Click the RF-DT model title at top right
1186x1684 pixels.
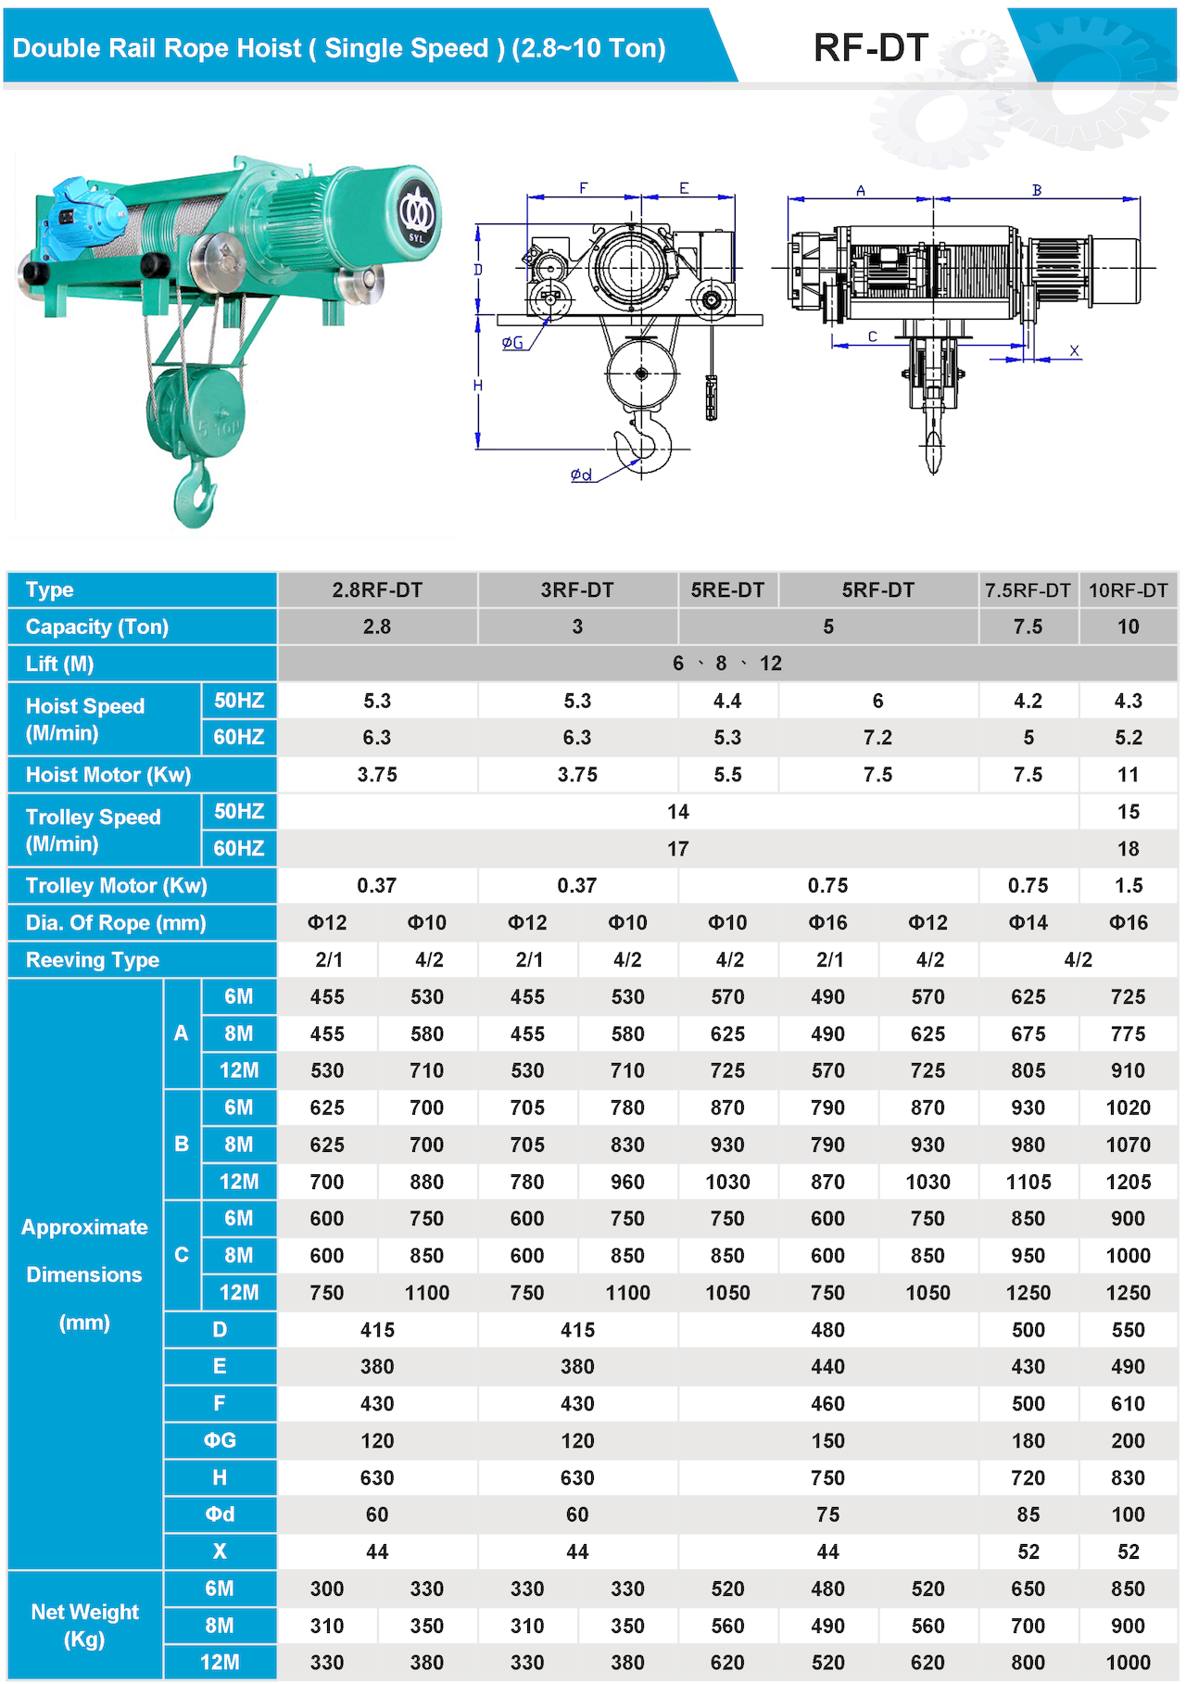pyautogui.click(x=870, y=48)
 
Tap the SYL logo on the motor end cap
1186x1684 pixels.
pyautogui.click(x=416, y=215)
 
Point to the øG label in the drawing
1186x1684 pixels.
pyautogui.click(x=512, y=343)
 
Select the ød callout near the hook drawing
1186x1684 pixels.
pyautogui.click(x=581, y=475)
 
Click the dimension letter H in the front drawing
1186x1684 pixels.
pyautogui.click(x=478, y=386)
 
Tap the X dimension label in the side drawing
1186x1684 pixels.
pyautogui.click(x=1074, y=351)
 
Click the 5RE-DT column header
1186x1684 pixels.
pyautogui.click(x=727, y=590)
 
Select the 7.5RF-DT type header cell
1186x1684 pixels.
pyautogui.click(x=1028, y=590)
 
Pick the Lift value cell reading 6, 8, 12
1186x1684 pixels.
pyautogui.click(x=727, y=664)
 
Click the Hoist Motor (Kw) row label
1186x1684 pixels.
pyautogui.click(x=108, y=775)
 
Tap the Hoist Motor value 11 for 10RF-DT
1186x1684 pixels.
pyautogui.click(x=1128, y=775)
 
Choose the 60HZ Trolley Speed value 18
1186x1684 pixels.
pyautogui.click(x=1128, y=849)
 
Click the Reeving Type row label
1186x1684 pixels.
pyautogui.click(x=93, y=960)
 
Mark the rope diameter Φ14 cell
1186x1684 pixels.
pyautogui.click(x=1028, y=923)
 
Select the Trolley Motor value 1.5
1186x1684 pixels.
pyautogui.click(x=1128, y=886)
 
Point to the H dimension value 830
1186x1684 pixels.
pyautogui.click(x=1128, y=1478)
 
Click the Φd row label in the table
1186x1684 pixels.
pyautogui.click(x=220, y=1514)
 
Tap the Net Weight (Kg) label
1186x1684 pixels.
pyautogui.click(x=84, y=1626)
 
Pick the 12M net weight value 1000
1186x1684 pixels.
pyautogui.click(x=1128, y=1663)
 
